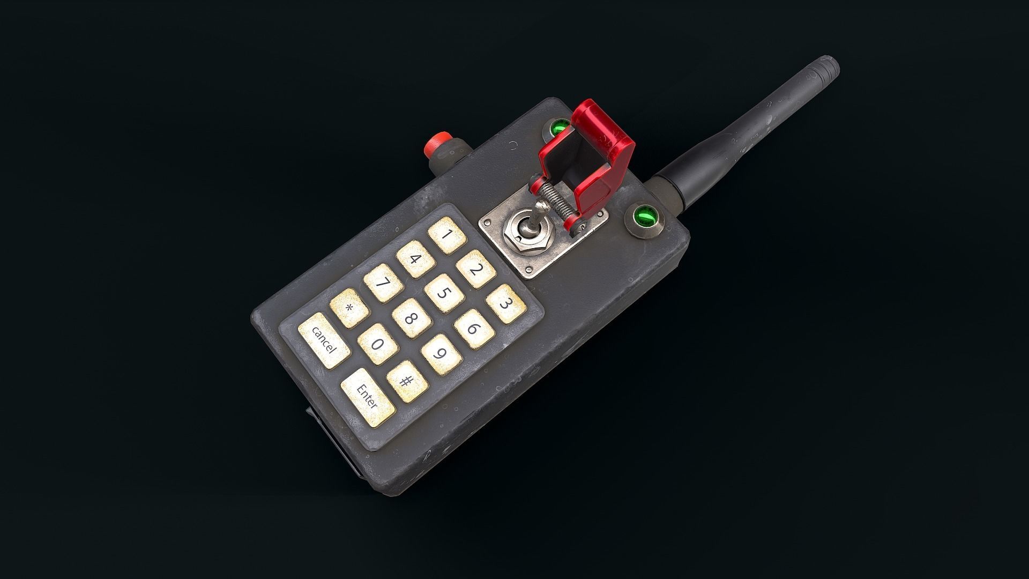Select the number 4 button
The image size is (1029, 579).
point(416,259)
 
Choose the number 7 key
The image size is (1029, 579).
point(383,283)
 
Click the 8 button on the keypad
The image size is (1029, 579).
point(412,318)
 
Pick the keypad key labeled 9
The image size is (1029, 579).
point(441,354)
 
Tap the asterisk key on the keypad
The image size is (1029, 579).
point(349,308)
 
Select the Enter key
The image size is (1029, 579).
point(368,397)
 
